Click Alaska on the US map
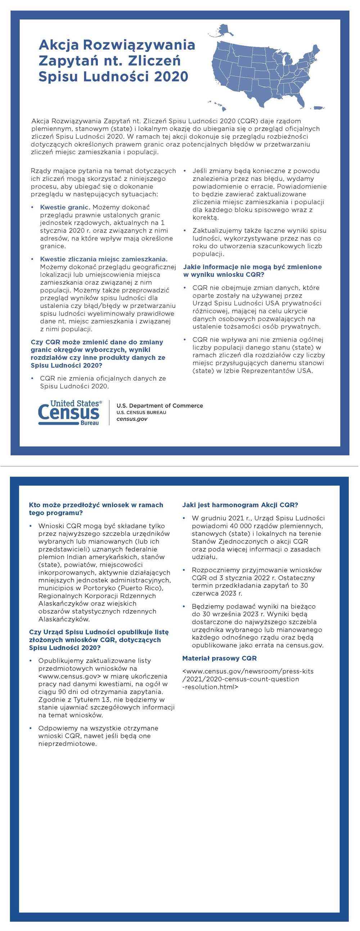[x=226, y=31]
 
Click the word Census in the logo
[x=69, y=412]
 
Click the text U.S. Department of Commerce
[x=159, y=405]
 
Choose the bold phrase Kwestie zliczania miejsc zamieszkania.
[x=104, y=259]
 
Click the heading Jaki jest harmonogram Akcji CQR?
[x=240, y=505]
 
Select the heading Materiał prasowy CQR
[x=219, y=658]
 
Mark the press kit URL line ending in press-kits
[x=248, y=671]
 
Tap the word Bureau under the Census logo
[x=90, y=423]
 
